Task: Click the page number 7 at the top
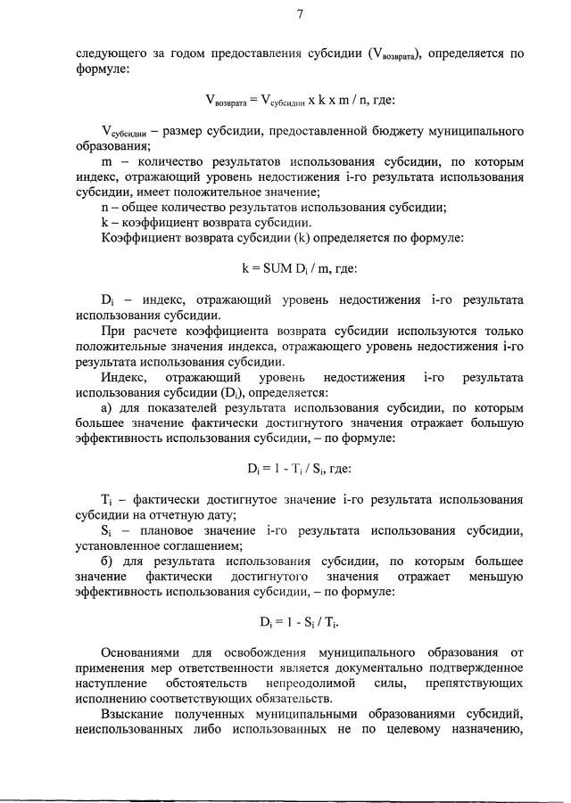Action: tap(300, 13)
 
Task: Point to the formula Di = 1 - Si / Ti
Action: tap(293, 620)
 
